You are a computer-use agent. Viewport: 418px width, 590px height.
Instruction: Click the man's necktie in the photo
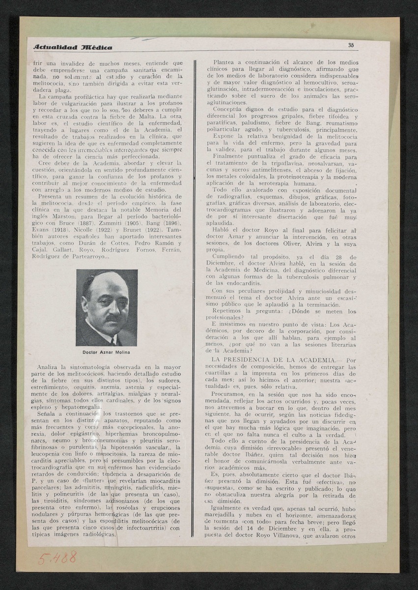coord(113,341)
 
